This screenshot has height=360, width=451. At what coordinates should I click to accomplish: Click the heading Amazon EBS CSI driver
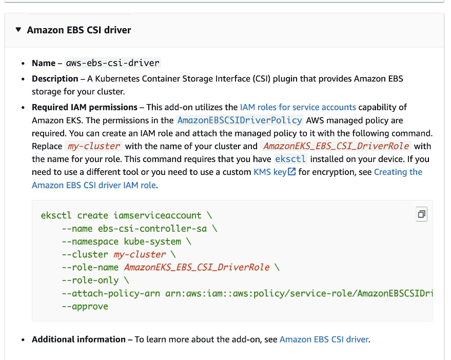[79, 30]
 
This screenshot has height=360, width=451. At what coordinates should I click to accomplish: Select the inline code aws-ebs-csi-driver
[113, 63]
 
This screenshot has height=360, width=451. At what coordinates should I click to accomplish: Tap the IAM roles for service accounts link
[298, 107]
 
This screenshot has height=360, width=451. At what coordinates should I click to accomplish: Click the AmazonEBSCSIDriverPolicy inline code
[240, 121]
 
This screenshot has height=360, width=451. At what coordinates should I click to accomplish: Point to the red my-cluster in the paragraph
[94, 146]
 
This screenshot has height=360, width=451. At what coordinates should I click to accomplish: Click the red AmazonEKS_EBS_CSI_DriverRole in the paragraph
[336, 146]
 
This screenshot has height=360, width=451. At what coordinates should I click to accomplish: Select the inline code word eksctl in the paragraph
[290, 159]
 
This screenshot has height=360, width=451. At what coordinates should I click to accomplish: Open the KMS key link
[270, 172]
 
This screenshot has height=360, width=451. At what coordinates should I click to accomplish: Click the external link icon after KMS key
[292, 172]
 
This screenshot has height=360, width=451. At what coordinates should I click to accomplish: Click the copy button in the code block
[421, 214]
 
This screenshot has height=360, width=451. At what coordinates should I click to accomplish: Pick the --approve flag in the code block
[85, 307]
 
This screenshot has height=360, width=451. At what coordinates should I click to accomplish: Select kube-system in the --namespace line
[152, 242]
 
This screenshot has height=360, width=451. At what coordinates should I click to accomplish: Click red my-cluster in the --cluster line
[140, 254]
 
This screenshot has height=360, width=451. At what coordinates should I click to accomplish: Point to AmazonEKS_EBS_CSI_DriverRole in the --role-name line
[197, 268]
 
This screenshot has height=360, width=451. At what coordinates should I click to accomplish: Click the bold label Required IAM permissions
[85, 107]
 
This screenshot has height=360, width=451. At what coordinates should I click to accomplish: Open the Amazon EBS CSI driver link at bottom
[324, 339]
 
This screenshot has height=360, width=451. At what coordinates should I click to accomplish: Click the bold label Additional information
[79, 339]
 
